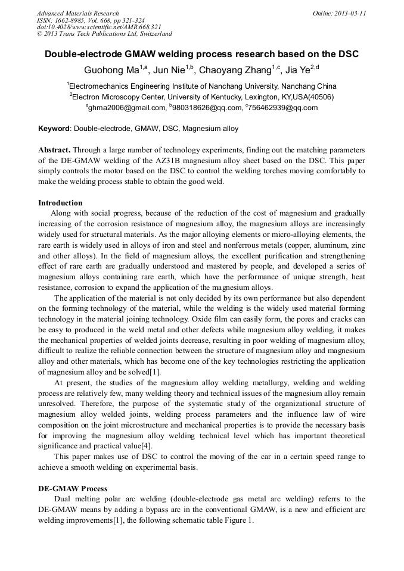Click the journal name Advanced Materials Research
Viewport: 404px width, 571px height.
(77, 13)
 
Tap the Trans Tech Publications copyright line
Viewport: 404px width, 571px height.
(104, 35)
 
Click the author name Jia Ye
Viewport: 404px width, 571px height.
(300, 70)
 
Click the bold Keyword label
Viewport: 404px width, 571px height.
(54, 129)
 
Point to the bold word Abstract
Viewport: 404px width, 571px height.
(54, 150)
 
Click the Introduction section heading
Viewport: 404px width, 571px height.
(60, 203)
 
